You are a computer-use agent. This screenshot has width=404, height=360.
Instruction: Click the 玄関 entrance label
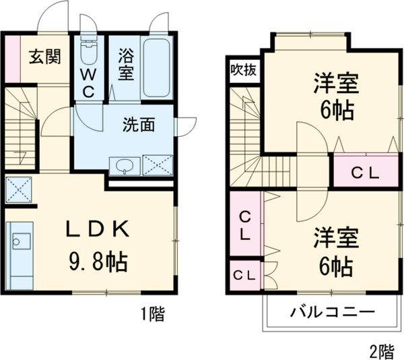[x=44, y=56]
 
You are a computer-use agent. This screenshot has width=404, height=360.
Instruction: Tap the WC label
[x=88, y=82]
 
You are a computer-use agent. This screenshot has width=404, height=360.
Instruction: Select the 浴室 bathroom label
[x=126, y=64]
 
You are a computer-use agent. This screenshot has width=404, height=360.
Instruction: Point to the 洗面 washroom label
[x=139, y=125]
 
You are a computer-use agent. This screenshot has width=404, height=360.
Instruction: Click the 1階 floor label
[x=152, y=313]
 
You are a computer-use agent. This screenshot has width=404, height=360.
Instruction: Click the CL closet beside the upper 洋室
[x=366, y=172]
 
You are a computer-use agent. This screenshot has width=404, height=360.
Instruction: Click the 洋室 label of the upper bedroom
[x=335, y=85]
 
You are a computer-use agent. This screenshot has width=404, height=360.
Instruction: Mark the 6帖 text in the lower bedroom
[x=335, y=267]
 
